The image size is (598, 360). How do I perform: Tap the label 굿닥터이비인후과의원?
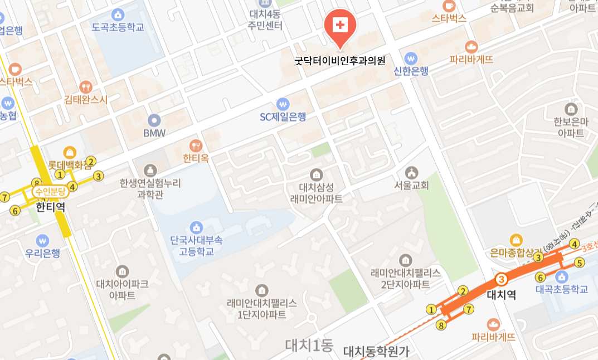340,61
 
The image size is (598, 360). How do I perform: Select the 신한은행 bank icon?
411,58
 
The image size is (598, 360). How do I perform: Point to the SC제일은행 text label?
283,117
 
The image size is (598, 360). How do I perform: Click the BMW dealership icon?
154,120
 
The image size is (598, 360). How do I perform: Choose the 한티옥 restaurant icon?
196,146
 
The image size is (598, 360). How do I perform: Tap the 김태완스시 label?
86,100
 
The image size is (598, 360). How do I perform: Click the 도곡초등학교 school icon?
118,14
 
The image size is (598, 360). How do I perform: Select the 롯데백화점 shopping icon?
70,152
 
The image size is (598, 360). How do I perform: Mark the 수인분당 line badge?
50,192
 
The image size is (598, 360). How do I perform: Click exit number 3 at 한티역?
99,176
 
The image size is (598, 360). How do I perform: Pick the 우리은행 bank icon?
43,241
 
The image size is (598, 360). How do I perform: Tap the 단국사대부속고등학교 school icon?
196,227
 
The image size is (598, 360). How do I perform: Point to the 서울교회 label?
412,186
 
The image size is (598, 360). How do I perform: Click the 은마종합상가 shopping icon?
516,240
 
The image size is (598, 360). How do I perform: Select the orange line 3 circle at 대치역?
502,279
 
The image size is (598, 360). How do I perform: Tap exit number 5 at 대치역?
579,262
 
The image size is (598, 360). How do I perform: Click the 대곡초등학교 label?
562,290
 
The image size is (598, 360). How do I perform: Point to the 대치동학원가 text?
376,351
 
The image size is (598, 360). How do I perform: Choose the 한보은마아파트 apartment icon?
571,109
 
